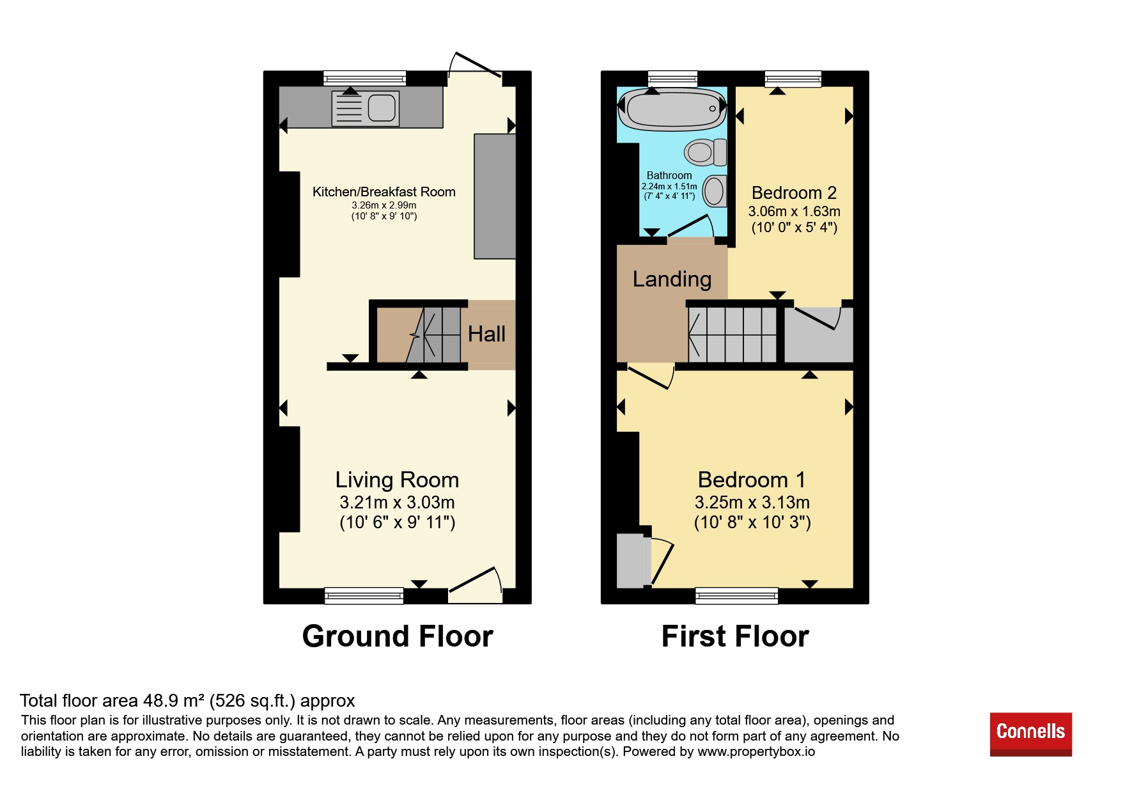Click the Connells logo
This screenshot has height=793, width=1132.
click(1030, 734)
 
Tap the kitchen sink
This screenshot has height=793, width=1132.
click(366, 108)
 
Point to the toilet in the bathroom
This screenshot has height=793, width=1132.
click(706, 152)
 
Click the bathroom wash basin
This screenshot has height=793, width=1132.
click(715, 191)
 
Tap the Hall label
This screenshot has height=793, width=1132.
click(486, 334)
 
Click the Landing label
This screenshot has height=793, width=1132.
click(672, 279)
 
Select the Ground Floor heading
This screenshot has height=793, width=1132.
click(398, 636)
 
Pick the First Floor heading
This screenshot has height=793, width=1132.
click(735, 636)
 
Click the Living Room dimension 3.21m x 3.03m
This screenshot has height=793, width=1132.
click(397, 503)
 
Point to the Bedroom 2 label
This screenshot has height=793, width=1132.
click(794, 192)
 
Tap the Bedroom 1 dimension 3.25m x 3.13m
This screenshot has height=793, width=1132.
click(752, 503)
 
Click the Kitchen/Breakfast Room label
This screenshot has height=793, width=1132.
click(384, 192)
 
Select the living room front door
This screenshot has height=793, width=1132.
click(475, 585)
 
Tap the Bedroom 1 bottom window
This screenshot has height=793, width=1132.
click(737, 595)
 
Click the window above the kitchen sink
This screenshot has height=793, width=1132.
click(364, 78)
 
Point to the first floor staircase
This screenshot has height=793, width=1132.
click(733, 334)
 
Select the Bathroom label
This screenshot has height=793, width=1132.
click(669, 175)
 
